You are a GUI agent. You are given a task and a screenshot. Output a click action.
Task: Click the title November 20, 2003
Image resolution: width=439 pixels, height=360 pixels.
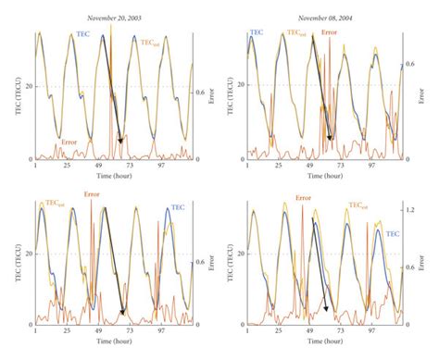tap(113, 19)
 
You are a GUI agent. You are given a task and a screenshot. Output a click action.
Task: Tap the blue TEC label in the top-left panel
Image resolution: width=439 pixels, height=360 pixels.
tap(82, 34)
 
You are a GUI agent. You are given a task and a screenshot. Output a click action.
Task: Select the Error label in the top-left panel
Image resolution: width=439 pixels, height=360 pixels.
tap(69, 142)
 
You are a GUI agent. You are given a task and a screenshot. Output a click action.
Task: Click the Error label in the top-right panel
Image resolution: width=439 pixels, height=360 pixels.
tap(329, 34)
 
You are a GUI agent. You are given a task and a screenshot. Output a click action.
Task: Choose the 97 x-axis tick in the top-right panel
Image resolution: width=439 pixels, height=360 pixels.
tap(372, 167)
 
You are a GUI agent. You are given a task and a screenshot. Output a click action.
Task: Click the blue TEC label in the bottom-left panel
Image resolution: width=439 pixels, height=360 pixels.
tap(179, 209)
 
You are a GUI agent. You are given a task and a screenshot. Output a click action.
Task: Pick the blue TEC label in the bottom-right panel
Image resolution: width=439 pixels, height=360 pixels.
tap(394, 208)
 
